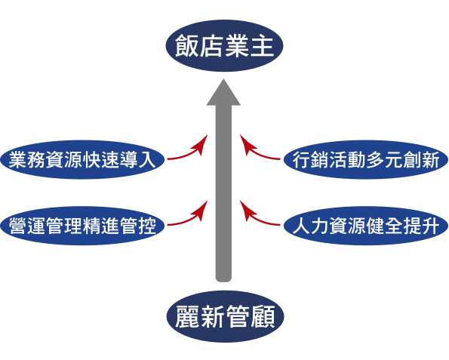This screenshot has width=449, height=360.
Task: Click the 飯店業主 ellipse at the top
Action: click(x=224, y=45)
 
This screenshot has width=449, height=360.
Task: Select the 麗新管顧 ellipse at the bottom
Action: click(x=225, y=316)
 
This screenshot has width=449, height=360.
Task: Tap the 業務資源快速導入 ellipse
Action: click(x=82, y=159)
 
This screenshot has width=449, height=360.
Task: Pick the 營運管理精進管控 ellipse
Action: click(x=82, y=226)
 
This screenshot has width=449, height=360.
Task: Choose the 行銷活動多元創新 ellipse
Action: click(x=366, y=159)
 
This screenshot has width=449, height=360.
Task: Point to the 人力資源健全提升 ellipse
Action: click(x=366, y=226)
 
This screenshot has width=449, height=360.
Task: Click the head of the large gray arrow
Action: click(x=223, y=93)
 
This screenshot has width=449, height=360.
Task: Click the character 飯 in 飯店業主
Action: click(x=186, y=46)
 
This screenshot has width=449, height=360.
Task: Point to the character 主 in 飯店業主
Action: click(x=263, y=46)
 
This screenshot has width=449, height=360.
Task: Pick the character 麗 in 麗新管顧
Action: click(x=187, y=316)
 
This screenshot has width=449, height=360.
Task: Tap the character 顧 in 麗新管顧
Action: click(x=263, y=316)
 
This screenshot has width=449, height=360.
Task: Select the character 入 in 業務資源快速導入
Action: click(x=147, y=160)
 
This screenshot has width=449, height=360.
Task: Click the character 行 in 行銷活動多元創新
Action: click(x=301, y=160)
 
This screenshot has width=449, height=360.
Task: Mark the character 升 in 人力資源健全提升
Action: click(x=431, y=226)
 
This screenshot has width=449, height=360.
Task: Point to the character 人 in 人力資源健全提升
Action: click(x=301, y=226)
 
